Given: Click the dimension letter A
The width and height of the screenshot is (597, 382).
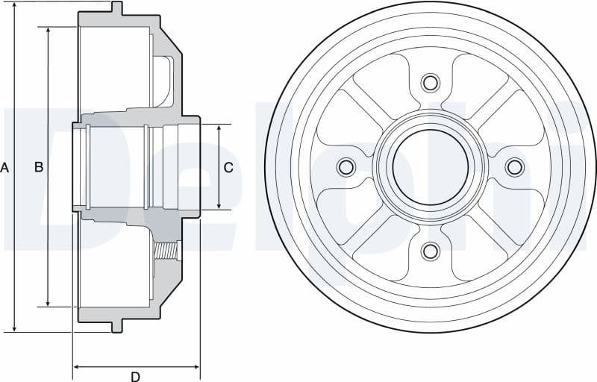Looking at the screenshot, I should (4, 168).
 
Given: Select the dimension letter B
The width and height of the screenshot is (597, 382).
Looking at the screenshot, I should (39, 168).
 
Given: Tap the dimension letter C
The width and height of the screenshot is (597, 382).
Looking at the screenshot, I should (228, 168).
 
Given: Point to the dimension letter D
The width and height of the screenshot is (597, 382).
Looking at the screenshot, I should (135, 376).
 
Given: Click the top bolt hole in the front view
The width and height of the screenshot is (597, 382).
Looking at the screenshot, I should (431, 82).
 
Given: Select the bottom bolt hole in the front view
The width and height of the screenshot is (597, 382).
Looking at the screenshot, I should (431, 251).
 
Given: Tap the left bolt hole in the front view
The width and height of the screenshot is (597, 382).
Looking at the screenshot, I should (346, 166).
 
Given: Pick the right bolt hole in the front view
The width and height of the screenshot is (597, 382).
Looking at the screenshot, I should (515, 166).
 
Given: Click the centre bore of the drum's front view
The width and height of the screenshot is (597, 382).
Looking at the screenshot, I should (431, 166).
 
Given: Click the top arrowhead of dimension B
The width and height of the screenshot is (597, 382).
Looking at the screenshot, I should (49, 31).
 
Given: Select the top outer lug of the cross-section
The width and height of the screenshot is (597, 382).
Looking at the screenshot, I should (116, 8).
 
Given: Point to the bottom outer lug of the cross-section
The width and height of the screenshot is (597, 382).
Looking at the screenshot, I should (116, 326).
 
